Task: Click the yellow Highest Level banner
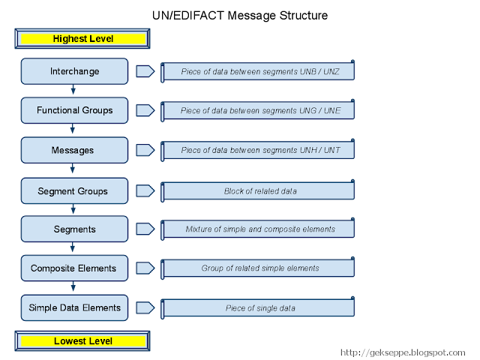tap(82, 38)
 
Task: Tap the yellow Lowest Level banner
tap(82, 341)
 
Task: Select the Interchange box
tap(74, 71)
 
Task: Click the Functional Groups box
tap(74, 110)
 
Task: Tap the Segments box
tap(74, 229)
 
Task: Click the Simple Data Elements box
tap(74, 307)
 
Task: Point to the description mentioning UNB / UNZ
tap(259, 72)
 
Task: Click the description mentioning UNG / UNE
tap(259, 111)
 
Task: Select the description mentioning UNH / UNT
tap(259, 151)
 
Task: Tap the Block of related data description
tap(259, 191)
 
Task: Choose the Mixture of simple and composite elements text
tap(259, 229)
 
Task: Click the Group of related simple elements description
tap(259, 268)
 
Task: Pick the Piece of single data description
tap(259, 308)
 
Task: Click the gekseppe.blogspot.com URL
tap(403, 352)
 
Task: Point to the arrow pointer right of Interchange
tap(145, 71)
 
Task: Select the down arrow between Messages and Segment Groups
tap(73, 170)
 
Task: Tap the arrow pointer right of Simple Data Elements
tap(145, 307)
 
